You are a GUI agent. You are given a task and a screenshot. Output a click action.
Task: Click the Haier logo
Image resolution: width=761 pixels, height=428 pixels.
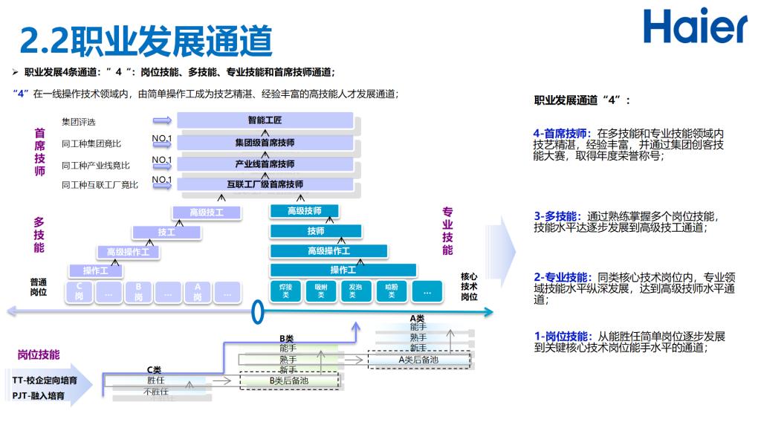pos(695,27)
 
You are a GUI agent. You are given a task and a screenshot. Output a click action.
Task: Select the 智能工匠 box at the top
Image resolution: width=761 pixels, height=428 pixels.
pos(265,120)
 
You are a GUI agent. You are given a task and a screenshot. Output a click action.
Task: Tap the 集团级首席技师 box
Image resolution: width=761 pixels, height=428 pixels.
pos(265,142)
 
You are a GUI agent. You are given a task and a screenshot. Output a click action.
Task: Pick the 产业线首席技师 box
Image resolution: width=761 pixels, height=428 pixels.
pos(265,163)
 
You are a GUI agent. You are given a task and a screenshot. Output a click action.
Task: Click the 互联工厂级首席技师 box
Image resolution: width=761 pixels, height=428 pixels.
pos(265,184)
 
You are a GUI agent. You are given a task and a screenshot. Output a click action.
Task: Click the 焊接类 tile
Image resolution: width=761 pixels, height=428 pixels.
pos(285,291)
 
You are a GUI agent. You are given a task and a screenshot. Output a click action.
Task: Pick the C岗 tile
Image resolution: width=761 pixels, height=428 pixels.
pos(80,292)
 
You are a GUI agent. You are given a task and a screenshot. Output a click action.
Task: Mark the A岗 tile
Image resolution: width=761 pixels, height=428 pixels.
pos(198,292)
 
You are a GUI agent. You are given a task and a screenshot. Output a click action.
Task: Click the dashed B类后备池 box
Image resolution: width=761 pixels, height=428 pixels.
pos(288,381)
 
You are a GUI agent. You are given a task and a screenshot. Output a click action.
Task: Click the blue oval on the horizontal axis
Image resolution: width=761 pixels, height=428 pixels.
pos(258,312)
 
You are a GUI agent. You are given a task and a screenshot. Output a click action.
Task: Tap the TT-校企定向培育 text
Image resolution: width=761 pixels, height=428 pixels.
pos(44,380)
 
